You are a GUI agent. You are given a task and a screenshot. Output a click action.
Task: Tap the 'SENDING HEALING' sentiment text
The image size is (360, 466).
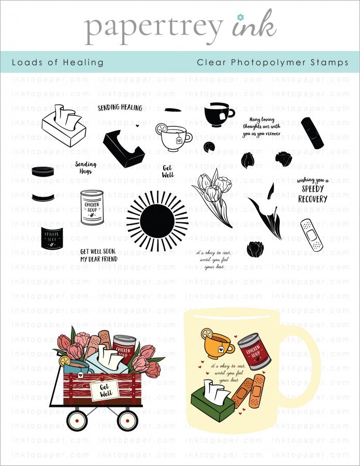(120, 108)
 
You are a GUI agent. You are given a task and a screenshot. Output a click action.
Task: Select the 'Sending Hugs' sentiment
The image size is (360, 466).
(85, 167)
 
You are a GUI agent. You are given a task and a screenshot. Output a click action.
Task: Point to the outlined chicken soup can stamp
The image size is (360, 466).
(92, 208)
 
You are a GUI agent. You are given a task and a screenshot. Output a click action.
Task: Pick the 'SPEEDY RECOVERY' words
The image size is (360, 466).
(312, 194)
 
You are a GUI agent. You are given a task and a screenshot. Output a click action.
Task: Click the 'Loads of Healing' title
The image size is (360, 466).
(57, 63)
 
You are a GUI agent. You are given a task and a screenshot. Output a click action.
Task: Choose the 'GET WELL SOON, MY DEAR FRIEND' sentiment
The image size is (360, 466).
(98, 254)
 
